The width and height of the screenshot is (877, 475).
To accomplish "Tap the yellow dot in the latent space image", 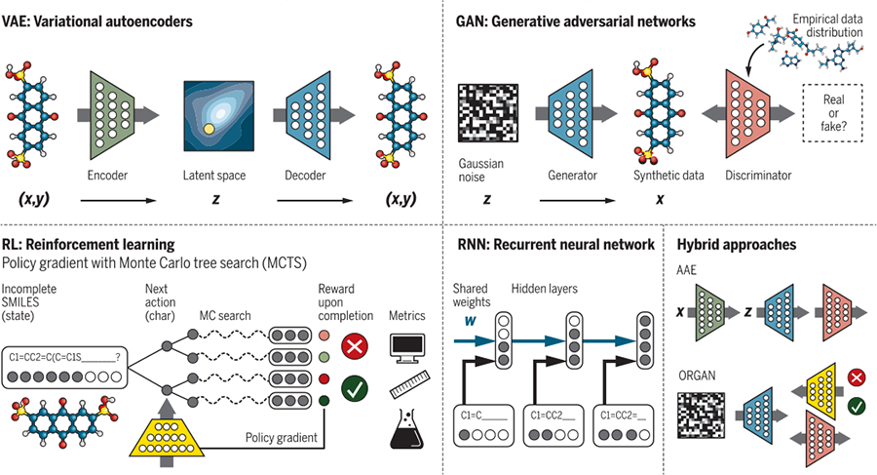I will coord(208,129).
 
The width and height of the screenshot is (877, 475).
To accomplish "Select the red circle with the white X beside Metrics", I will coord(355,346).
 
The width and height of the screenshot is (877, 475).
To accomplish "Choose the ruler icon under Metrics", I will coord(408,389).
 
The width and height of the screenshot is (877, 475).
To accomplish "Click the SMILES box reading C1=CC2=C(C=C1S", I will coord(64,357).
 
